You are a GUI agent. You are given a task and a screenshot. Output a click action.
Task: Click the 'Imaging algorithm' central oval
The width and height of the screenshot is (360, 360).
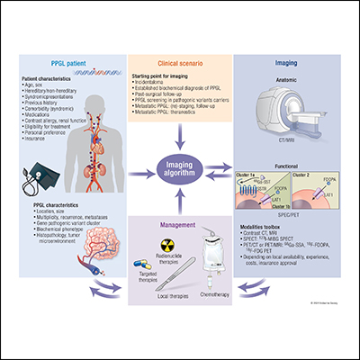tap(178, 169)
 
